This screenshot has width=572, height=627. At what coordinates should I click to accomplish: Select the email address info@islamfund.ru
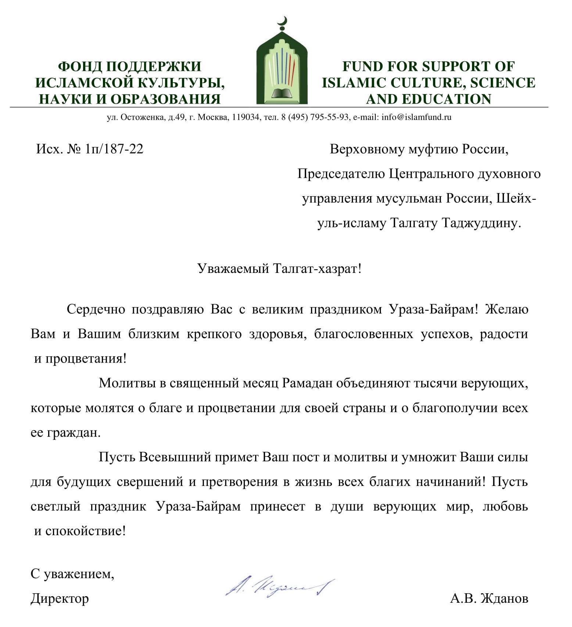[x=416, y=117]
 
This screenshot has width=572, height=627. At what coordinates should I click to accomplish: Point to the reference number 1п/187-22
[x=114, y=149]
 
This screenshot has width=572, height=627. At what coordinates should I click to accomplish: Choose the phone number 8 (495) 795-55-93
[x=315, y=117]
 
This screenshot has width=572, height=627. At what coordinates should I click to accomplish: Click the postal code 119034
[x=245, y=117]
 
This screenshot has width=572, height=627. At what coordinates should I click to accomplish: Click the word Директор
[x=60, y=598]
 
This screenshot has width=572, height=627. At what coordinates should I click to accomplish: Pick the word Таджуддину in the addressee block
[x=481, y=223]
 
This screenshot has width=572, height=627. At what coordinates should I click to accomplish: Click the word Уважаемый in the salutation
[x=233, y=269]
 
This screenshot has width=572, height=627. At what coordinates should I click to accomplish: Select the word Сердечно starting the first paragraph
[x=96, y=309]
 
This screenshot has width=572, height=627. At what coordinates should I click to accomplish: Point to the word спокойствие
[x=85, y=531]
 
